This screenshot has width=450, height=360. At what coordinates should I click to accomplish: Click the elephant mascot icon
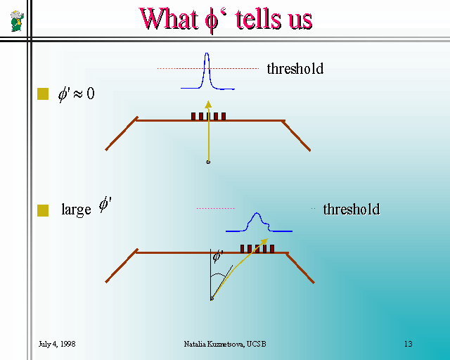[17, 21]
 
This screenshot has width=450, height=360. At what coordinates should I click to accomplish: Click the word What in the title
[169, 19]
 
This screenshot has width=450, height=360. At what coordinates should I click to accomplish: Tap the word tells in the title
[258, 19]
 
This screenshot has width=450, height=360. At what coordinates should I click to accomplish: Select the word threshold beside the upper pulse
[295, 69]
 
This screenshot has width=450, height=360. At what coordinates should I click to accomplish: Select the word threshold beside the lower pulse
[352, 209]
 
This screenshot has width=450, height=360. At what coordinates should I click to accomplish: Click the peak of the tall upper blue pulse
[207, 53]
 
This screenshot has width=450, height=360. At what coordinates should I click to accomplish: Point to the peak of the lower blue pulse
[257, 213]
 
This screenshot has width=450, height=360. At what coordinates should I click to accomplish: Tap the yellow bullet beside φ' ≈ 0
[43, 94]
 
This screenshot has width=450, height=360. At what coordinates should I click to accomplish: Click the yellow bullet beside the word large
[43, 210]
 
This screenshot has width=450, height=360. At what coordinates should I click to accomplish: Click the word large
[76, 210]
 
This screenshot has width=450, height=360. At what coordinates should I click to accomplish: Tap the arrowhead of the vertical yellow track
[208, 105]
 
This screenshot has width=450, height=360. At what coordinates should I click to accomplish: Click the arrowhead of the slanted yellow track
[264, 241]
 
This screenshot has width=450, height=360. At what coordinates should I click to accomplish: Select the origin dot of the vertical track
[208, 162]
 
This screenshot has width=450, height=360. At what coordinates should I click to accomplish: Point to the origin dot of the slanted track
[212, 299]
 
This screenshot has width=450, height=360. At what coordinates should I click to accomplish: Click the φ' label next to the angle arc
[218, 256]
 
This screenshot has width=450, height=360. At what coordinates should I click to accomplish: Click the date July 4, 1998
[57, 344]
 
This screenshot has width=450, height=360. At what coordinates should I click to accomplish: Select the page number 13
[409, 344]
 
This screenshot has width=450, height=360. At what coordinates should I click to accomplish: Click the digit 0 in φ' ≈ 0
[91, 94]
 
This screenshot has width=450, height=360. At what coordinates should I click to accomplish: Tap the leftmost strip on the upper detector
[193, 116]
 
